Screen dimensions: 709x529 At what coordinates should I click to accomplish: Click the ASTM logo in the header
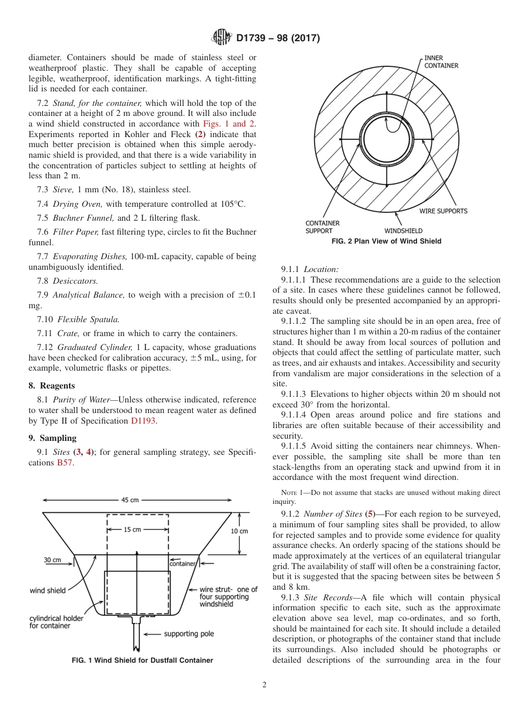pyautogui.click(x=222, y=38)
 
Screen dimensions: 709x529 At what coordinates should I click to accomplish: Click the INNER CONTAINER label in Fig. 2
pyautogui.click(x=441, y=61)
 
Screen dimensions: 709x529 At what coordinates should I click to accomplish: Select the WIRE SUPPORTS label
pyautogui.click(x=443, y=211)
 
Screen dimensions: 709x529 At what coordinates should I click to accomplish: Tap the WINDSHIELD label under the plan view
pyautogui.click(x=403, y=231)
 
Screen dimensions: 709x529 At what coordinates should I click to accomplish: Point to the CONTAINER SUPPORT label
pyautogui.click(x=322, y=227)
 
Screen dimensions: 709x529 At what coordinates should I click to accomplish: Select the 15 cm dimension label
pyautogui.click(x=132, y=530)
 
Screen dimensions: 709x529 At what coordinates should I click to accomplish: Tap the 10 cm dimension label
pyautogui.click(x=239, y=531)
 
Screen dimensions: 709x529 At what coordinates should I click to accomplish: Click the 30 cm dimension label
pyautogui.click(x=53, y=560)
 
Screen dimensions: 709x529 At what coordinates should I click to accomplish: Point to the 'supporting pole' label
pyautogui.click(x=189, y=634)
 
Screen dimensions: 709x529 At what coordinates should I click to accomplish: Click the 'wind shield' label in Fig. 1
pyautogui.click(x=47, y=590)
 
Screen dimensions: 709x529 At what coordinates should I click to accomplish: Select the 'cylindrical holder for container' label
pyautogui.click(x=56, y=622)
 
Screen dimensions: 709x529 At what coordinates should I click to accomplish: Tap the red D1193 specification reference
pyautogui.click(x=143, y=421)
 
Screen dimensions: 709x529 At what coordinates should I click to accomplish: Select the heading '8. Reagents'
pyautogui.click(x=51, y=386)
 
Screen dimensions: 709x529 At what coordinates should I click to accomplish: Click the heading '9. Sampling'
pyautogui.click(x=52, y=438)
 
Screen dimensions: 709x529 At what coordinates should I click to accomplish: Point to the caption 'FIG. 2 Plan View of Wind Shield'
pyautogui.click(x=386, y=241)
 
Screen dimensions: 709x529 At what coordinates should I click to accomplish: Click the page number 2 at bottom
pyautogui.click(x=264, y=685)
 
